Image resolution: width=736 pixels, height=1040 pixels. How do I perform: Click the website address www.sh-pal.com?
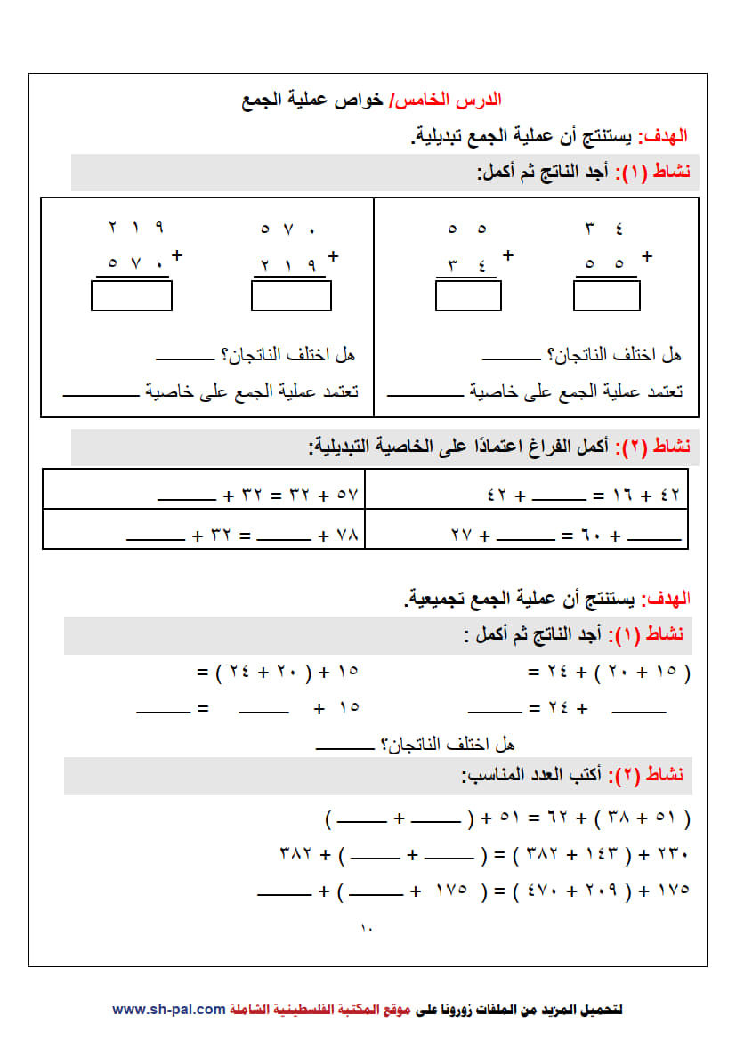(x=168, y=1009)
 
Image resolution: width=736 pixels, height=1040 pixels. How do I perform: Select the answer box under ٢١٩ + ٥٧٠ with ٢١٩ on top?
(x=131, y=295)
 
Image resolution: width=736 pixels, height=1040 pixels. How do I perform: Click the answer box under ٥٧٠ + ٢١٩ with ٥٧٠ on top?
(x=291, y=295)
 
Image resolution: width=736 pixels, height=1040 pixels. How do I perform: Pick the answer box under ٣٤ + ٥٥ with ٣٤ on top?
(x=607, y=295)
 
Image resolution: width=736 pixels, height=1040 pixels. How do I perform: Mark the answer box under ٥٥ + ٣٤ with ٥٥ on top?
(x=468, y=295)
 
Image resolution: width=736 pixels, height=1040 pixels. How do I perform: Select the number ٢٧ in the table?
(x=460, y=536)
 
